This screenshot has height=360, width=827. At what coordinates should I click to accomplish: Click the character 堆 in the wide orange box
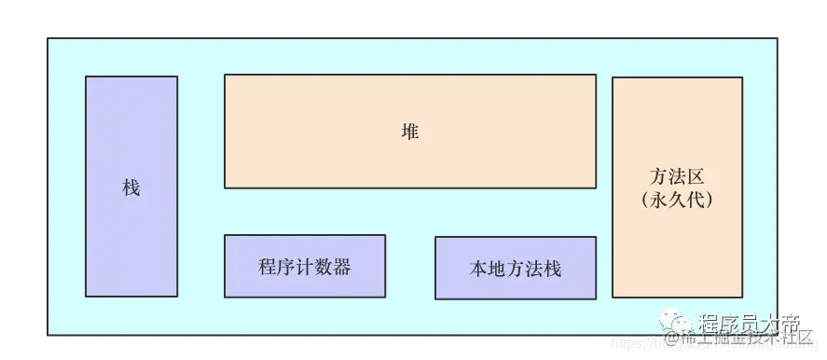pyautogui.click(x=410, y=132)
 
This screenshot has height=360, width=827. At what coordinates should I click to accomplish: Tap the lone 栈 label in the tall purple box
pyautogui.click(x=131, y=187)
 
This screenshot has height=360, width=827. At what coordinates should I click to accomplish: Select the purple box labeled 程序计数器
pyautogui.click(x=305, y=266)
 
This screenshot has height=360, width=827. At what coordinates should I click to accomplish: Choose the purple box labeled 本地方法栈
pyautogui.click(x=516, y=269)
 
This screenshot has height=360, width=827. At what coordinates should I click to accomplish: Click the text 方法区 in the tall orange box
pyautogui.click(x=677, y=176)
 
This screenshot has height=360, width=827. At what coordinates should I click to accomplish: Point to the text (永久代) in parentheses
pyautogui.click(x=677, y=199)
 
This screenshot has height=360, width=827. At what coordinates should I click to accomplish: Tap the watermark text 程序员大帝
pyautogui.click(x=750, y=324)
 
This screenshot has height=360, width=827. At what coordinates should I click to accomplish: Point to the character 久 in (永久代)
pyautogui.click(x=677, y=199)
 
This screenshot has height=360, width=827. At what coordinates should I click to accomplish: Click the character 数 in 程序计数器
pyautogui.click(x=324, y=267)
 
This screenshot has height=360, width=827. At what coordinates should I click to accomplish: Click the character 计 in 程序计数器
pyautogui.click(x=305, y=267)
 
